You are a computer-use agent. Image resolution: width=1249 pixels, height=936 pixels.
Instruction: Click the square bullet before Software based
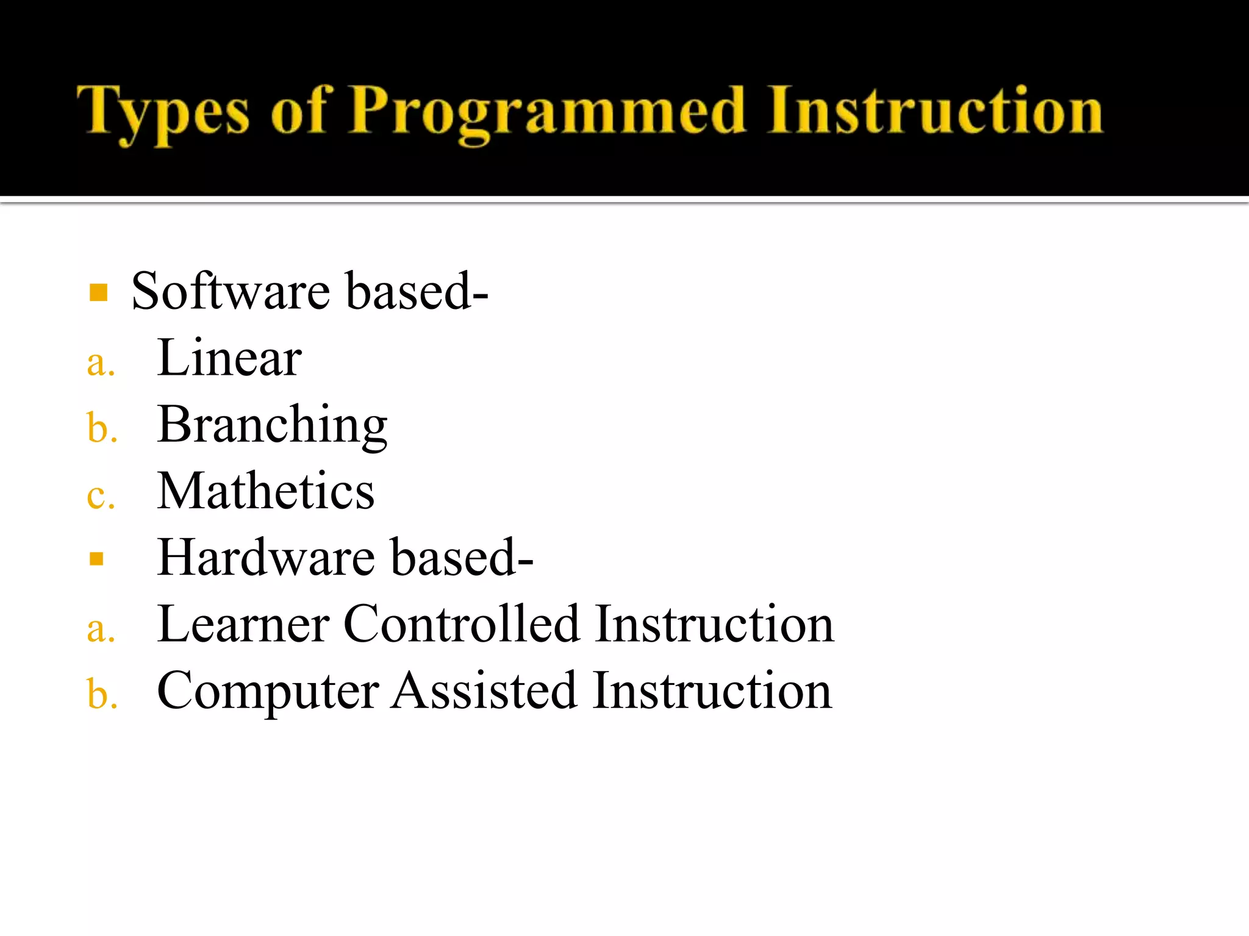98,292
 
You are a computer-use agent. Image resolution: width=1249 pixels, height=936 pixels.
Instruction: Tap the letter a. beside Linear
101,364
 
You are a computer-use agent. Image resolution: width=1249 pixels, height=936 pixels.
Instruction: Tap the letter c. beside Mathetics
101,497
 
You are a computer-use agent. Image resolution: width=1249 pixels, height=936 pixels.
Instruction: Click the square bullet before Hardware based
96,559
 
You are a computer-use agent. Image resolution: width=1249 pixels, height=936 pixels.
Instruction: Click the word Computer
268,692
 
